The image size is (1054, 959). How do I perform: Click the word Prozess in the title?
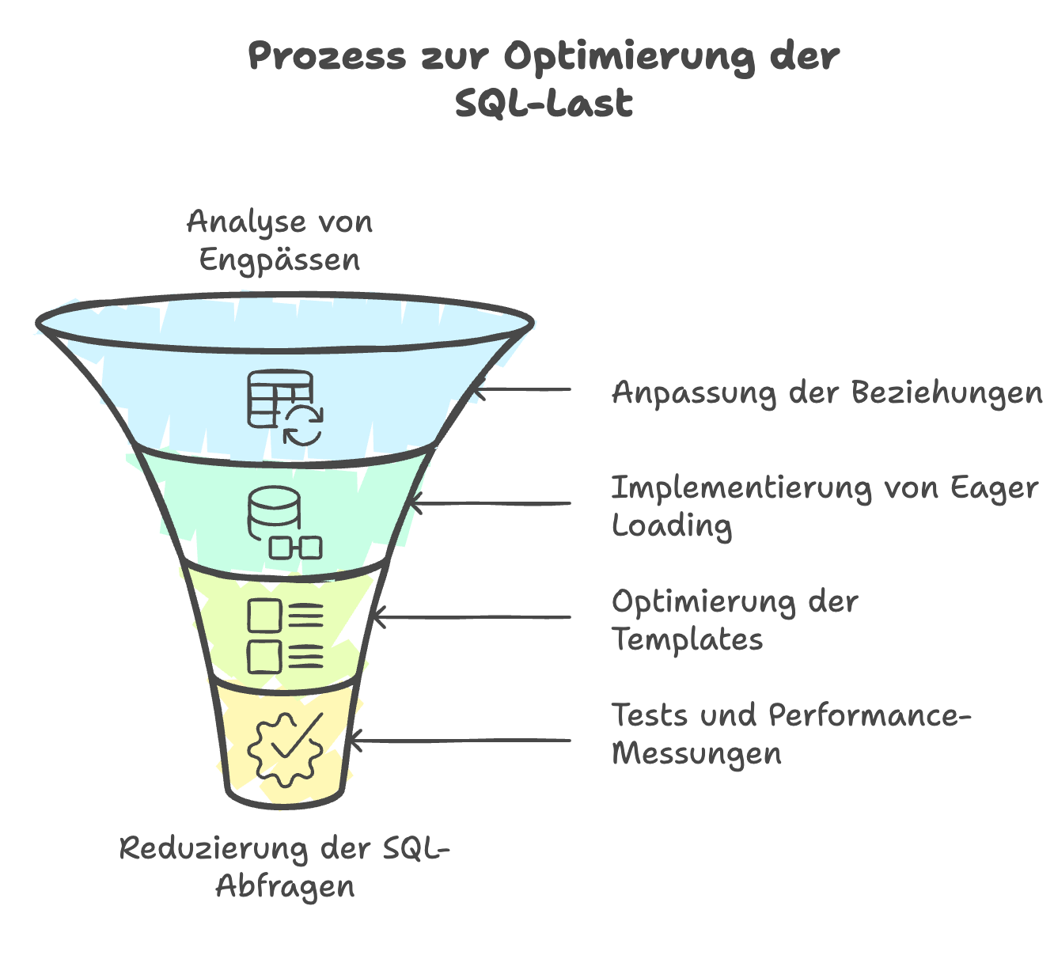pos(327,58)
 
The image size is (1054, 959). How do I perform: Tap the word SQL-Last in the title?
pos(544,104)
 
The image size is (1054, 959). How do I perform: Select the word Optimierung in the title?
pos(627,58)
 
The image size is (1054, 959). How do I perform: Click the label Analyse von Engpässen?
pos(279,241)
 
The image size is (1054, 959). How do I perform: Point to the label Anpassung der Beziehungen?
pos(827,392)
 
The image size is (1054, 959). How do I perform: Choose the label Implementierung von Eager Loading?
pos(824,506)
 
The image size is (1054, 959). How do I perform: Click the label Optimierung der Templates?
pos(734,620)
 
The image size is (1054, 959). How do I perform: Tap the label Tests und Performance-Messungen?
pos(790,733)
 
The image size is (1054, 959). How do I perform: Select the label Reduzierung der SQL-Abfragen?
pos(285,866)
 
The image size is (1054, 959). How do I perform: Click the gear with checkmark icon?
pos(285,748)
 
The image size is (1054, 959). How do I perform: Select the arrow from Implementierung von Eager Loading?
pos(491,503)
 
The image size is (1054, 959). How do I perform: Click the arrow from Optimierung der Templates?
pos(471,617)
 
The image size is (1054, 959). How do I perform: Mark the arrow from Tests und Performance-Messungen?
pos(459,741)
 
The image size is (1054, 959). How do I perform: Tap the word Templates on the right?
pos(688,639)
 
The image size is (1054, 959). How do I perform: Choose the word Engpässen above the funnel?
pos(279,260)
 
